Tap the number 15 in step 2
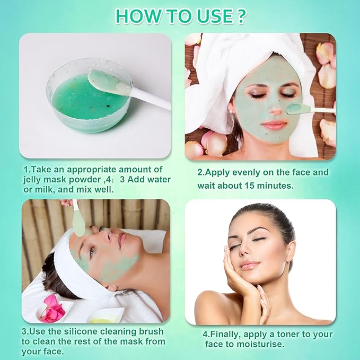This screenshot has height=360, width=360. point(272,186)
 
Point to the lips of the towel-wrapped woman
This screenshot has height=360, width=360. point(274,125)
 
